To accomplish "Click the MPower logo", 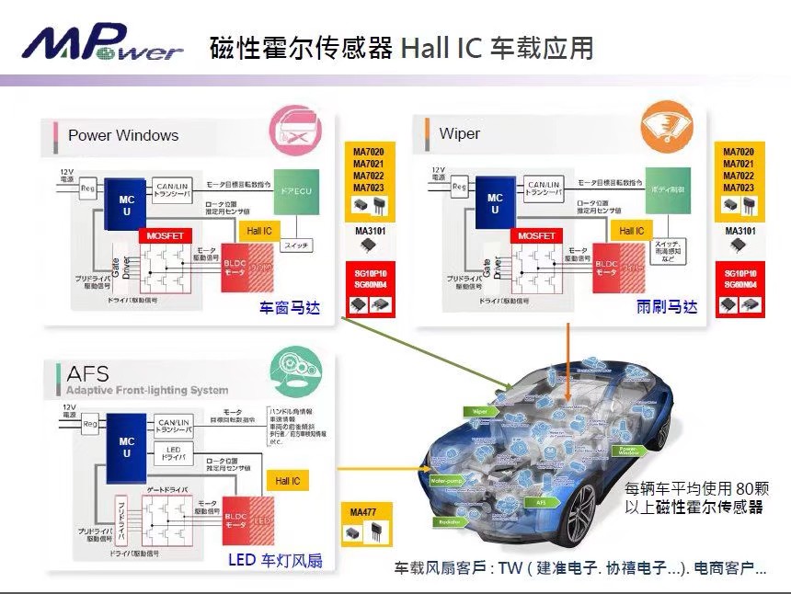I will coord(103,44).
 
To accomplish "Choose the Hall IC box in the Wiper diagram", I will coord(632,231).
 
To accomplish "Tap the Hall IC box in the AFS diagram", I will coord(287,481).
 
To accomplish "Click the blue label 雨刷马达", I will coord(667,307).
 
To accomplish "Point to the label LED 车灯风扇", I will coord(275,560).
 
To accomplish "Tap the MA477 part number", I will coord(364,511).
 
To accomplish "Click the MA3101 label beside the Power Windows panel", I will coord(369,230).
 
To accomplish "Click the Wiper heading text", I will coord(459,134).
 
